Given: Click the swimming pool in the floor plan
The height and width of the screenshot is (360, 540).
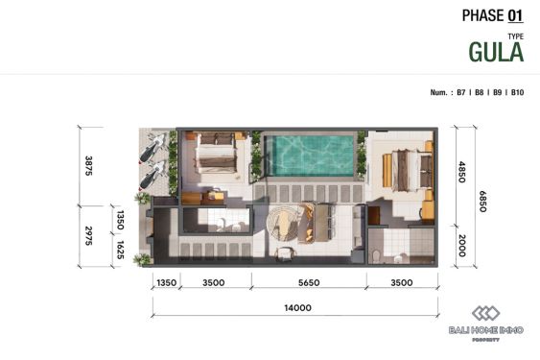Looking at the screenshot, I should (x=311, y=155).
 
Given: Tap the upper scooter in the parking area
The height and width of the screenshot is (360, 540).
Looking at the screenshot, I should (x=152, y=149).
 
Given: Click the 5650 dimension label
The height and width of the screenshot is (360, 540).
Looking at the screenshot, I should (x=308, y=283).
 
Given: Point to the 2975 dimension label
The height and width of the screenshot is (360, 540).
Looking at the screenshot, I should (x=89, y=236).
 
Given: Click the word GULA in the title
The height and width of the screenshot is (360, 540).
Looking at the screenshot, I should (x=496, y=52).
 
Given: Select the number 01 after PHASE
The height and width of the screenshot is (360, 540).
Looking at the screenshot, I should (x=516, y=15).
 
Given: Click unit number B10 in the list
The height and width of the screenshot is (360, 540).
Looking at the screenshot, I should (x=517, y=93).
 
